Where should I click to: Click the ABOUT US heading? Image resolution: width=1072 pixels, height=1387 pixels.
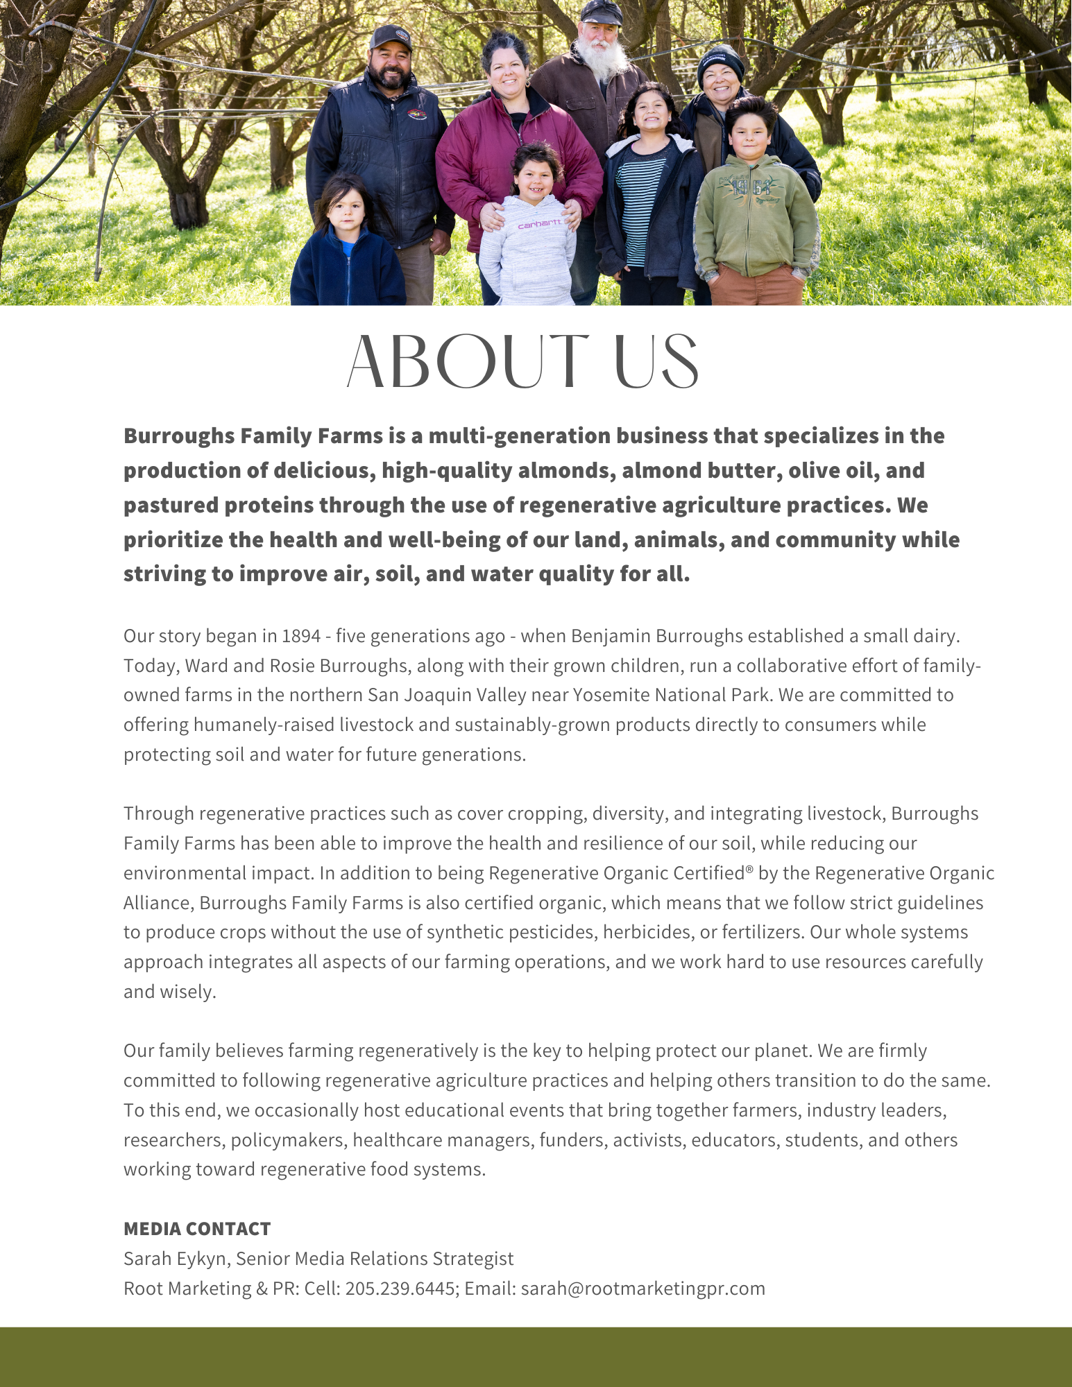tap(522, 362)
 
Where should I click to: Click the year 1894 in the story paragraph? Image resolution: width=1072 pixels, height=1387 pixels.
tap(301, 636)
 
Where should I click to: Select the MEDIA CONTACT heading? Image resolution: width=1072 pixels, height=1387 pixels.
tap(197, 1229)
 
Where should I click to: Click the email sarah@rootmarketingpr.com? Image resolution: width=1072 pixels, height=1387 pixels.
tap(643, 1289)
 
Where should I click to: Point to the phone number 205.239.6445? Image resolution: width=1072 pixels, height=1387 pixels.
tap(400, 1289)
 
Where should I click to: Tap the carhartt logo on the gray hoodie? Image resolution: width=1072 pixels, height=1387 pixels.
tap(539, 224)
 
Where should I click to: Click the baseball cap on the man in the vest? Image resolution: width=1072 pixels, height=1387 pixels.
tap(391, 37)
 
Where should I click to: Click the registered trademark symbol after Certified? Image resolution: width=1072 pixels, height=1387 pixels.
tap(749, 868)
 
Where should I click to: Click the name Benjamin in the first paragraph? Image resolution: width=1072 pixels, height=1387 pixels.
tap(611, 636)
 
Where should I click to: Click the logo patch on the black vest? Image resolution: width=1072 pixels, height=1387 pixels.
tap(416, 113)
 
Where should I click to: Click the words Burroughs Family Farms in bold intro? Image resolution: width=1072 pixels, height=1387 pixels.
tap(253, 436)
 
